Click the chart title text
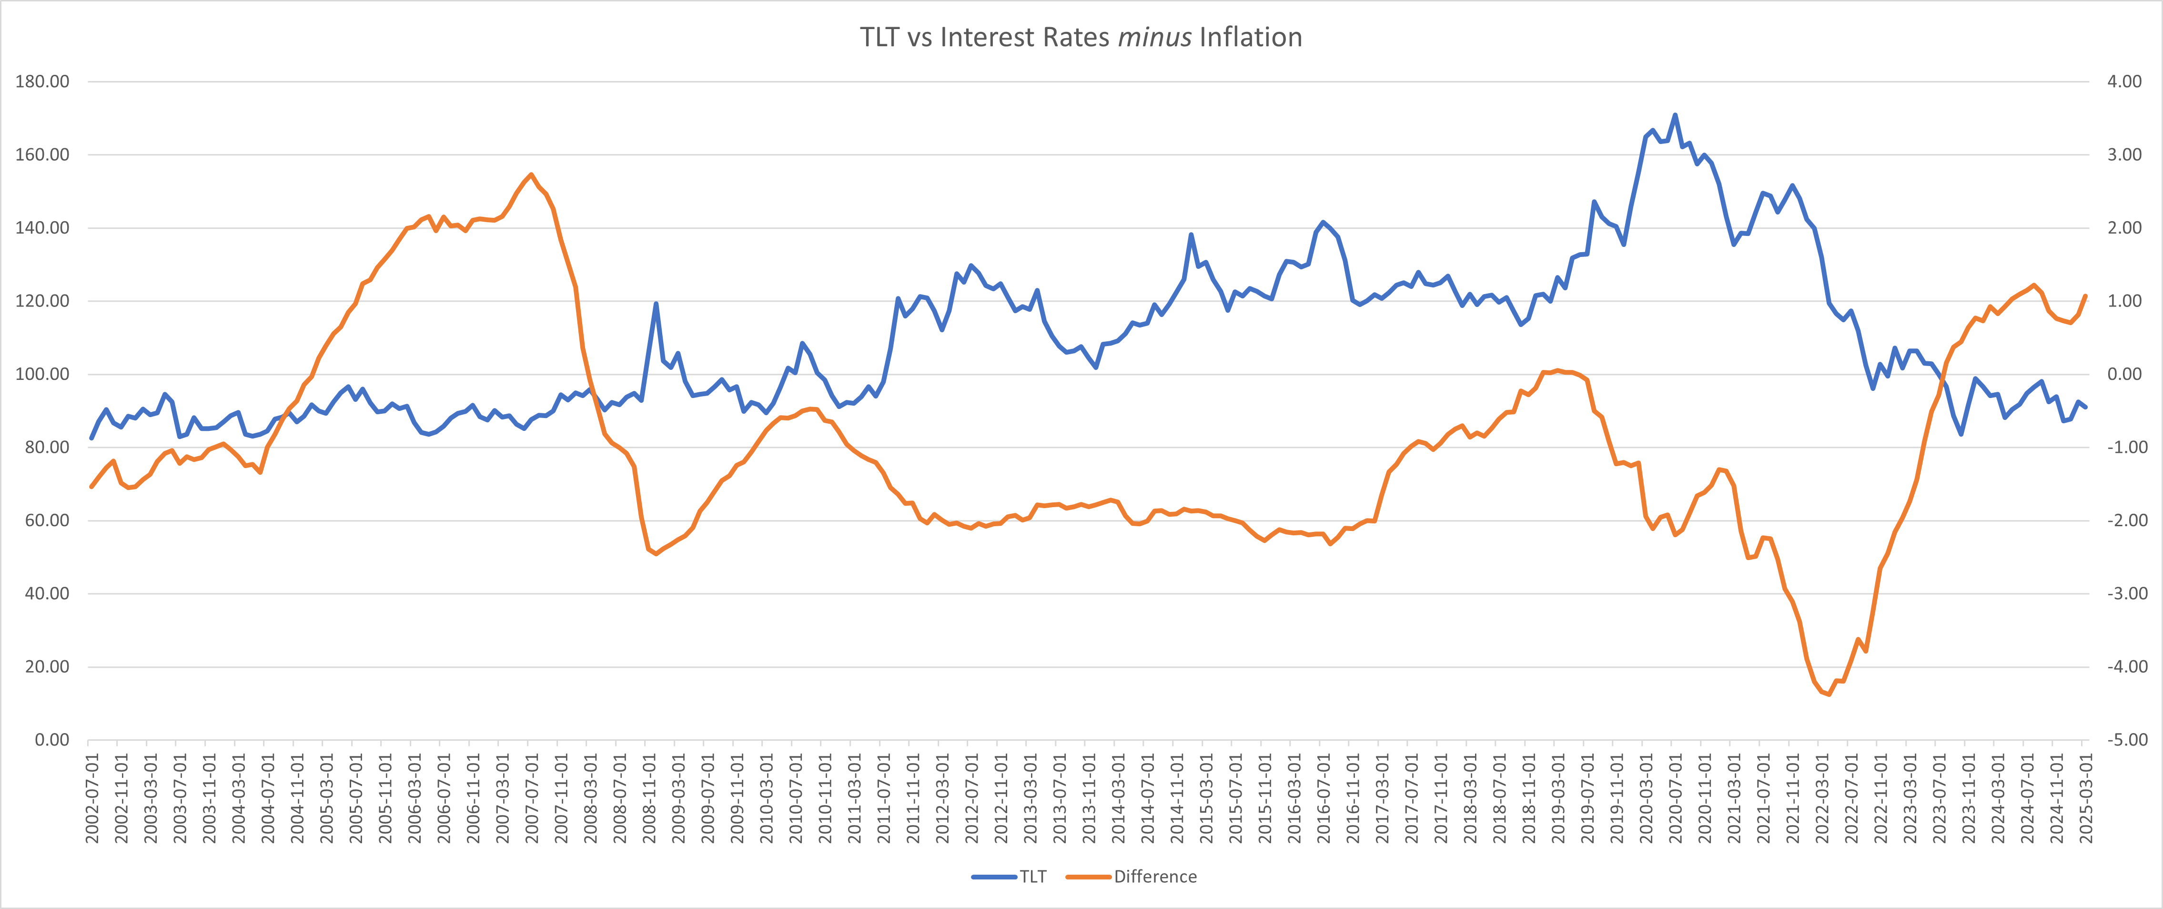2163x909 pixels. coord(1081,37)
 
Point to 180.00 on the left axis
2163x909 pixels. coord(42,82)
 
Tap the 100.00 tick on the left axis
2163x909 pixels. coord(42,374)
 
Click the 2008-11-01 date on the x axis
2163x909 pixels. coord(649,798)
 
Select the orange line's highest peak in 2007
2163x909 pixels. coord(531,175)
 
